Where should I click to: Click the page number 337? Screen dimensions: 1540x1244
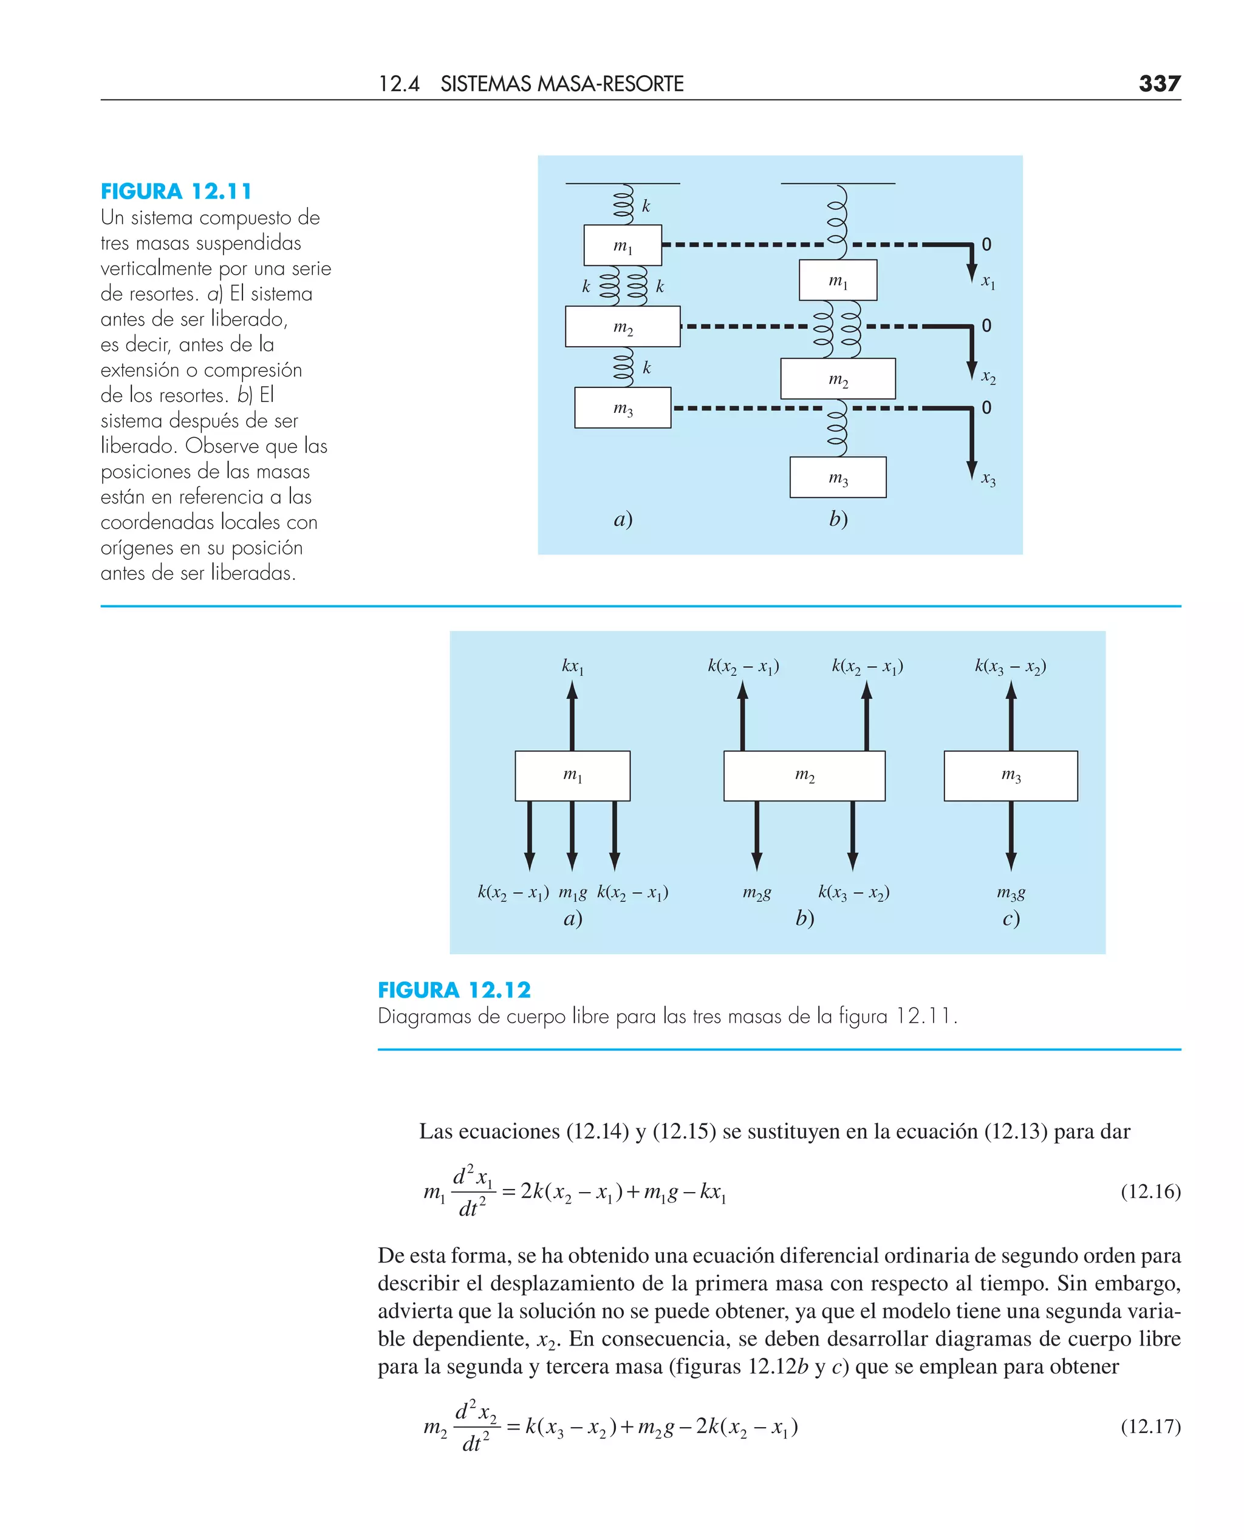[x=1159, y=84]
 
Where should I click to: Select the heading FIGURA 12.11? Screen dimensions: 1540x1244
[x=176, y=191]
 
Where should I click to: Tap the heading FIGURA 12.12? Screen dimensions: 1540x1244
[x=454, y=990]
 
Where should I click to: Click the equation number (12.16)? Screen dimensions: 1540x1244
[x=1150, y=1191]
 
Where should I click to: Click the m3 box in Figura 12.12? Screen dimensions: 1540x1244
[x=1010, y=775]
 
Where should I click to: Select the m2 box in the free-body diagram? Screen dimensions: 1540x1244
[x=804, y=775]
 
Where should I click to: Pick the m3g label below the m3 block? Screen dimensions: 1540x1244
[x=1010, y=893]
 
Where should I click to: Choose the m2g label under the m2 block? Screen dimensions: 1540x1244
[x=757, y=893]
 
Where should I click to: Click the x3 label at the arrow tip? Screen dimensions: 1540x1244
[x=988, y=479]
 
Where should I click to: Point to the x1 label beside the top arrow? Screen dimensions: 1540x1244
[x=988, y=282]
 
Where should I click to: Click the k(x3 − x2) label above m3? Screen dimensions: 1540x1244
[x=1010, y=666]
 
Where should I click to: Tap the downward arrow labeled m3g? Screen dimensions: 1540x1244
[x=1010, y=835]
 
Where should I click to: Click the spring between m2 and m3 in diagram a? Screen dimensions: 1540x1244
[x=623, y=367]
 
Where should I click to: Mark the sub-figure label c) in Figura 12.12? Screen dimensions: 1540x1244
[x=1010, y=918]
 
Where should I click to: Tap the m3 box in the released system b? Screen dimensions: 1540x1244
[x=838, y=477]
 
